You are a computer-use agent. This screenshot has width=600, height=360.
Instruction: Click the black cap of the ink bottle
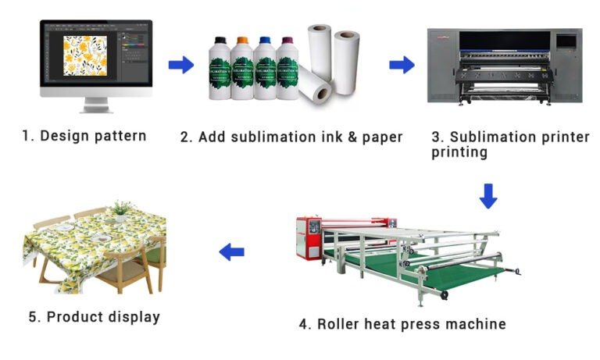coord(220,40)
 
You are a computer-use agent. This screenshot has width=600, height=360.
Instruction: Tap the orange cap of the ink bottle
coord(243,40)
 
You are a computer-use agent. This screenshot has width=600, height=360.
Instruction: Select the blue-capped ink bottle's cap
coord(265,40)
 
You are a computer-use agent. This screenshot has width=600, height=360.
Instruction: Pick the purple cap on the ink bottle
coord(287,40)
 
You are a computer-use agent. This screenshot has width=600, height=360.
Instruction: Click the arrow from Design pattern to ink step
coord(181,65)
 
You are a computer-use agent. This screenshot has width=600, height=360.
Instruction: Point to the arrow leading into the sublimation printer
coord(402,65)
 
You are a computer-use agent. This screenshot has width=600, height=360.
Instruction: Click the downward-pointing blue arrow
coord(488,196)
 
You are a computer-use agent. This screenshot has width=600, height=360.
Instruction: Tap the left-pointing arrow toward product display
coord(231,252)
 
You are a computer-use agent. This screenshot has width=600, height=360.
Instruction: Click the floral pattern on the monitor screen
coord(85,56)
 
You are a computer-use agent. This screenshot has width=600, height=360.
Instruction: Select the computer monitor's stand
coord(95,105)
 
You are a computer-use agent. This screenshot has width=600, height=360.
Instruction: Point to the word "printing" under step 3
coord(459,152)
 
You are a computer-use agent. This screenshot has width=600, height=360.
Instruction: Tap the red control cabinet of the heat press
coord(309,237)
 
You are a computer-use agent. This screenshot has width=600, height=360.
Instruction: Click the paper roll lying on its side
coord(315,84)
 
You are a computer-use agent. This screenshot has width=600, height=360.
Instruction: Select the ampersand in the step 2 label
coord(352,137)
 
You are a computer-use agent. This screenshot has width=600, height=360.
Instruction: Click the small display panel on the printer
coord(566,41)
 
